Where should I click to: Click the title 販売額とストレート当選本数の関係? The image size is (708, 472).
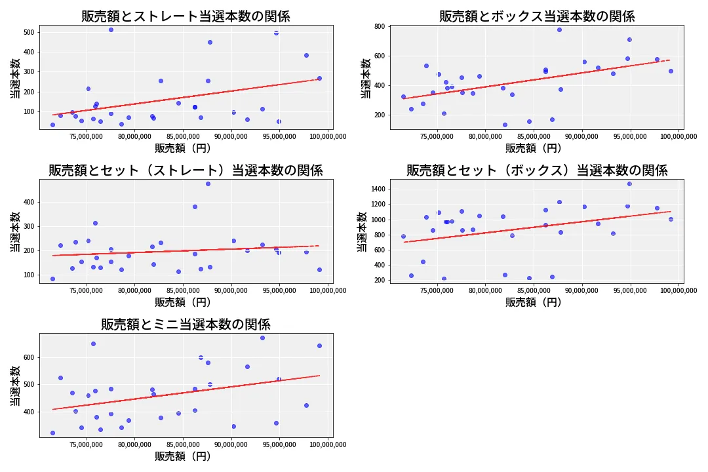(186, 16)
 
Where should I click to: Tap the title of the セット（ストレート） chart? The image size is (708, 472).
(186, 170)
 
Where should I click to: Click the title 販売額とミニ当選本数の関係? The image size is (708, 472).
(186, 324)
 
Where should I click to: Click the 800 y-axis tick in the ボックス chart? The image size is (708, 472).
(379, 27)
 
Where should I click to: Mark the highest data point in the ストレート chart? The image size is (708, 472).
(111, 29)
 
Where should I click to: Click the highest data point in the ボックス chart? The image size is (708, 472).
(559, 29)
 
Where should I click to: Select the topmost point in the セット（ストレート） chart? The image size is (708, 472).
(208, 184)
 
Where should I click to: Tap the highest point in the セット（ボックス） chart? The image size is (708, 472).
(629, 184)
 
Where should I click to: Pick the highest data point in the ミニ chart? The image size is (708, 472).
(262, 338)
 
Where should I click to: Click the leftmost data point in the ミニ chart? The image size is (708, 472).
(52, 433)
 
